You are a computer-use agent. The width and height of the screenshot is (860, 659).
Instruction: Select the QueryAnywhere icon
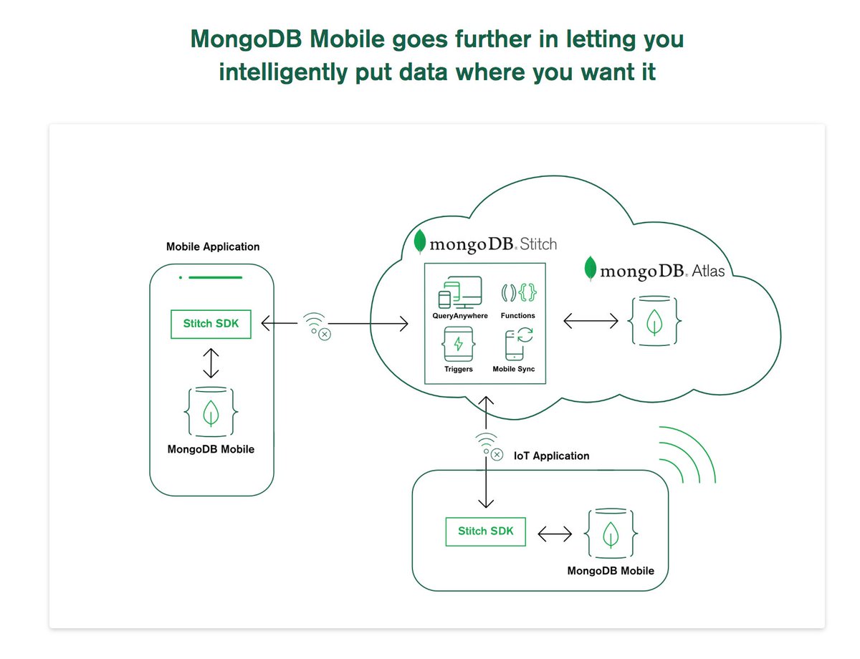tap(459, 292)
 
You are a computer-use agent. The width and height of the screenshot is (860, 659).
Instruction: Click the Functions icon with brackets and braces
tap(518, 293)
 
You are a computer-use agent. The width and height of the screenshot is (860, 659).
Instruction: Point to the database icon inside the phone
tap(211, 413)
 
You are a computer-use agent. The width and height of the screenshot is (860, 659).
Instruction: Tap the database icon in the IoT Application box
tap(611, 534)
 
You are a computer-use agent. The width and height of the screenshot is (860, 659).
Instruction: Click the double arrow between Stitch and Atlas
tap(591, 321)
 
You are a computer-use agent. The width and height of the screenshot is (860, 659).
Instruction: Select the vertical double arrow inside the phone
tap(210, 362)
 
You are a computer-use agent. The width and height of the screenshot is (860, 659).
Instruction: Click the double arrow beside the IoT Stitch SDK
tap(555, 533)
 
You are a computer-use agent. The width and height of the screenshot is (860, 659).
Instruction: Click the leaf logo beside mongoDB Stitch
tap(421, 242)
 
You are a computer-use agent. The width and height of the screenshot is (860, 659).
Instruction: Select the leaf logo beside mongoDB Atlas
tap(591, 268)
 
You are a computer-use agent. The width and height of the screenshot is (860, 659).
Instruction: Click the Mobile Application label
tap(213, 246)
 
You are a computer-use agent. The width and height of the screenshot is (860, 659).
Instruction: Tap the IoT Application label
tap(552, 456)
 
